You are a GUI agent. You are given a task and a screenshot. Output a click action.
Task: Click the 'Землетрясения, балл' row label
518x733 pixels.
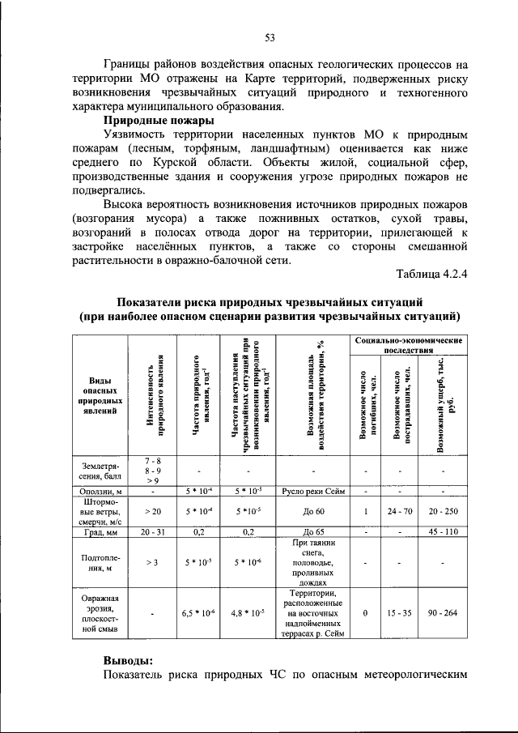point(100,471)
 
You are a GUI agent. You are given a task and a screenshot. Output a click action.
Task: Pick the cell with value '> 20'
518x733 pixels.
point(152,511)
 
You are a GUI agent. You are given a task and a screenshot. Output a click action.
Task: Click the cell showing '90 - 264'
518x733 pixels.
point(443,613)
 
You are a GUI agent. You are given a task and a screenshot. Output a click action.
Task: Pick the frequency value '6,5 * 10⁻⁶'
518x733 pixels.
point(198,613)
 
